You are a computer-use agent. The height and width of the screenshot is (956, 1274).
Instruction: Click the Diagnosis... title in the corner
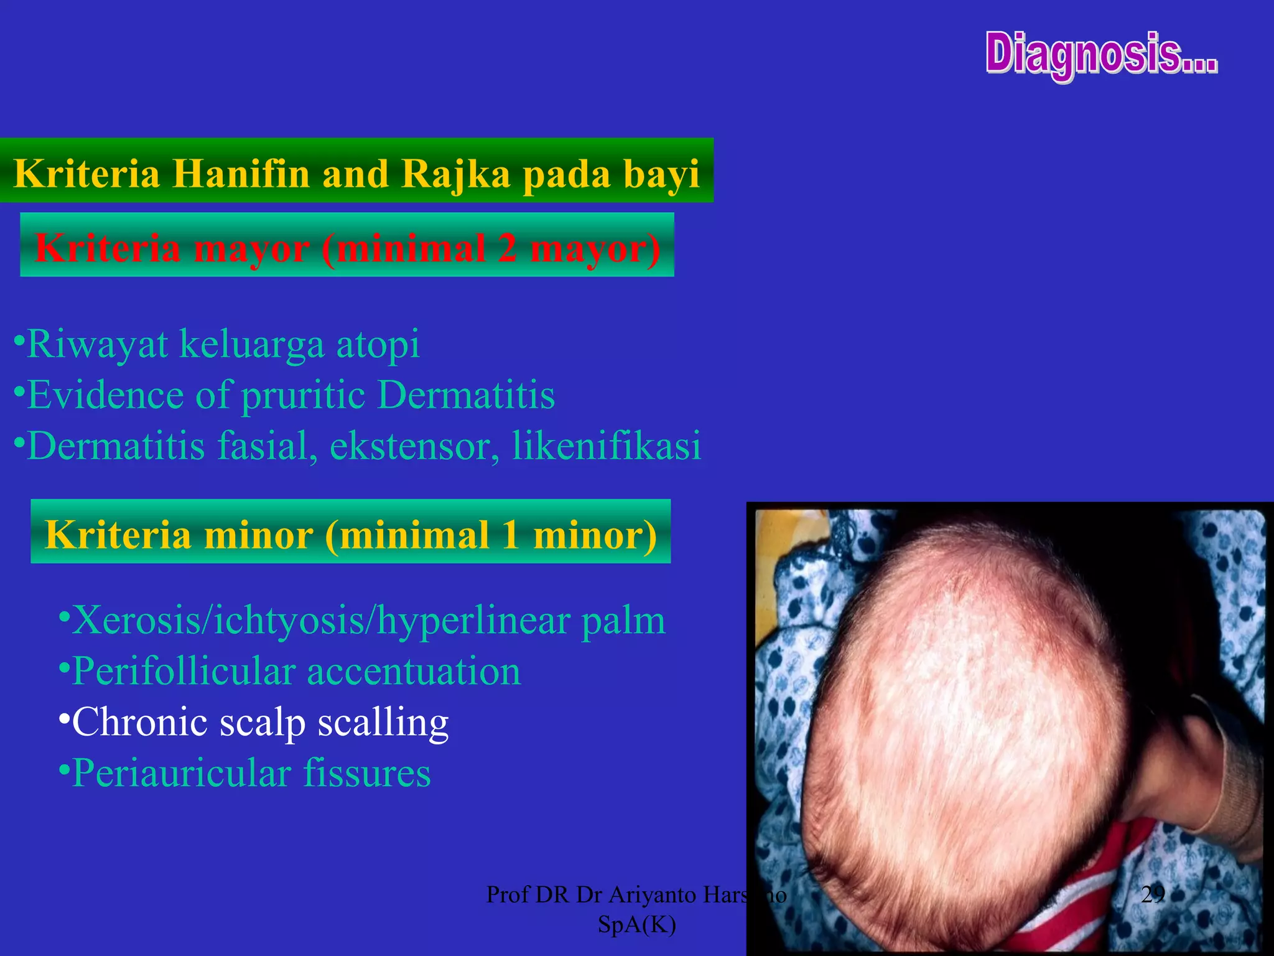(x=1101, y=55)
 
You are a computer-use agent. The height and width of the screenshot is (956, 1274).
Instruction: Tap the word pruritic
(x=303, y=396)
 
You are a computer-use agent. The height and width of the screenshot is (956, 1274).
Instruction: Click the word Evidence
(x=106, y=395)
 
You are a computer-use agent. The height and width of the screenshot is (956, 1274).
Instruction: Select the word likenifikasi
(x=607, y=446)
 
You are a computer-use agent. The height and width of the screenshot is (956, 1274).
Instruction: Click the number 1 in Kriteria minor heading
(x=511, y=535)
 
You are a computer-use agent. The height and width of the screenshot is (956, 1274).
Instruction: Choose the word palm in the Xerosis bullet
(x=623, y=621)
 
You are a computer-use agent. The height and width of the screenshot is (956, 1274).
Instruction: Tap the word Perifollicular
(x=184, y=672)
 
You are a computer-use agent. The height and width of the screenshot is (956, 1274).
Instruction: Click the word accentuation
(x=414, y=672)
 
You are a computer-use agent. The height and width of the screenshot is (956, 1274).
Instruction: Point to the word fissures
(x=367, y=774)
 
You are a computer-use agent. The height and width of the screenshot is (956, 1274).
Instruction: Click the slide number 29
(x=1153, y=894)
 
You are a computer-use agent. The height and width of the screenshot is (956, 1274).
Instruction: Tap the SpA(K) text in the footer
(x=636, y=925)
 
